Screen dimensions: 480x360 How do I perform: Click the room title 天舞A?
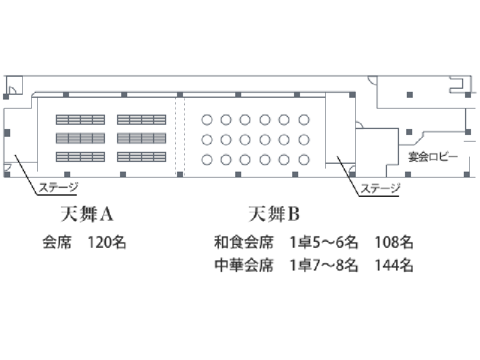point(87,214)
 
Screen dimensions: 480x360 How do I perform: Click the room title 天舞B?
point(274,214)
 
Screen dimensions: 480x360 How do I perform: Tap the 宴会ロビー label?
point(433,157)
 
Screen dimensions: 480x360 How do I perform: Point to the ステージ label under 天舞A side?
point(58,187)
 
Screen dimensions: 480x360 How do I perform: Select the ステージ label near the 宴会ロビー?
point(380,188)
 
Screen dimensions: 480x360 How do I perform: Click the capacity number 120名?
point(107,242)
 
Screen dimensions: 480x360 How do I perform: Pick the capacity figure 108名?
point(394,242)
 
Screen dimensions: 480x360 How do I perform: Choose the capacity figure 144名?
point(394,265)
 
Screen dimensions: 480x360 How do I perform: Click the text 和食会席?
point(244,242)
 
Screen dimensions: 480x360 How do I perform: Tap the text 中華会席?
point(244,265)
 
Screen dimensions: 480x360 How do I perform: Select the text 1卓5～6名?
point(324,242)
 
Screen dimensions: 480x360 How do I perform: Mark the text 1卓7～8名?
point(324,265)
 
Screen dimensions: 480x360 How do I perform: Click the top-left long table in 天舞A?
point(80,119)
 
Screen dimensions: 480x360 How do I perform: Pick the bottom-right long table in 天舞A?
point(142,157)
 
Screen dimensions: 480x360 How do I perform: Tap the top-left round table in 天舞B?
point(206,119)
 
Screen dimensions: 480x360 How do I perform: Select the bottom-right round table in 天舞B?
point(304,160)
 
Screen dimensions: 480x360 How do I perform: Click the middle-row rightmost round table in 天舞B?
point(304,140)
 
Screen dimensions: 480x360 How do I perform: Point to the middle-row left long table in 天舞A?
point(80,139)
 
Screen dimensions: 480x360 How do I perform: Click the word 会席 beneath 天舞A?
point(57,242)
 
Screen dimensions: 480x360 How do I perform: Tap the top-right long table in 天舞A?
point(142,119)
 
